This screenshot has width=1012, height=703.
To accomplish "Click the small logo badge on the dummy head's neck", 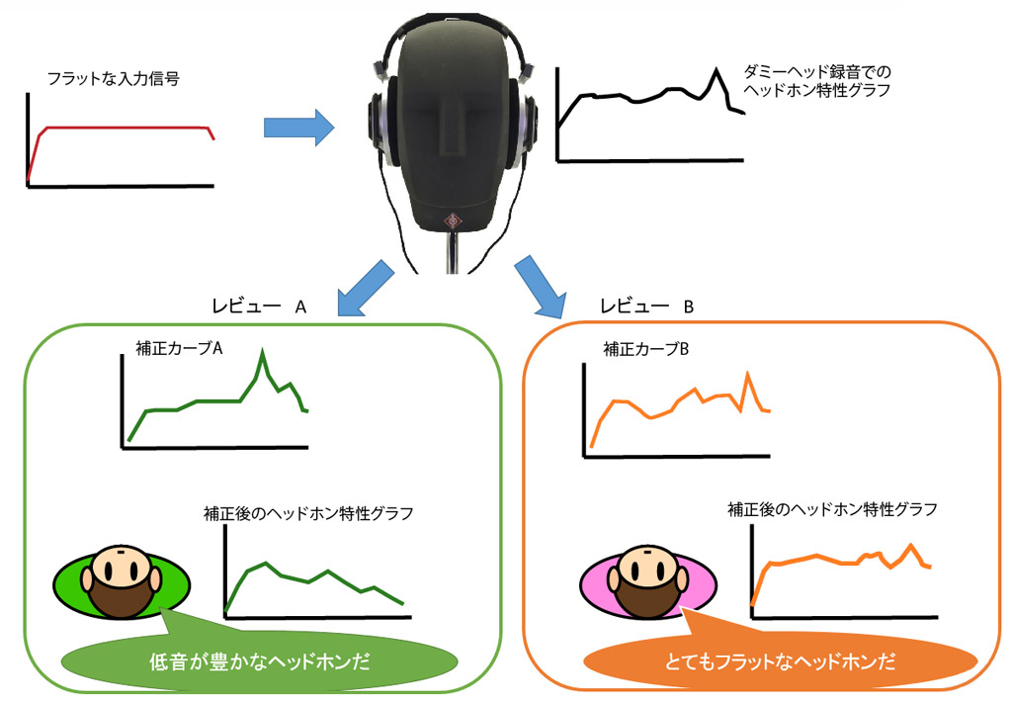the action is [453, 219].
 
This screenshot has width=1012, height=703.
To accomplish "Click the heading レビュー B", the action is [647, 308].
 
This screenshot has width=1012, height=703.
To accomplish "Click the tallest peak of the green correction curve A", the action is [262, 353].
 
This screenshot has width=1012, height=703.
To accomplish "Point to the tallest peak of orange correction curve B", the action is [748, 374].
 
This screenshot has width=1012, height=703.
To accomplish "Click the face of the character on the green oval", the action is [121, 569].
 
